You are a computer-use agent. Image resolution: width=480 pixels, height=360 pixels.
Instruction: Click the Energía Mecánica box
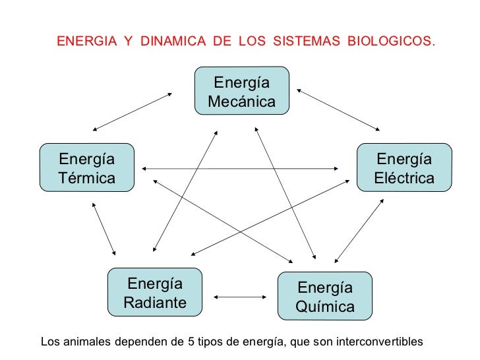(242, 91)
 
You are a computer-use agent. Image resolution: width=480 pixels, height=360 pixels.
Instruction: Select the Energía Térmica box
(86, 168)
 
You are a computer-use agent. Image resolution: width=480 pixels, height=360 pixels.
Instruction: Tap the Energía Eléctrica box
(404, 168)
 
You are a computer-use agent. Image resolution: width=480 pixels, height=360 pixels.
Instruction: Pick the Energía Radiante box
(155, 292)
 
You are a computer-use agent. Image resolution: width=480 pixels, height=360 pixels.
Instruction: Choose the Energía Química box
(325, 296)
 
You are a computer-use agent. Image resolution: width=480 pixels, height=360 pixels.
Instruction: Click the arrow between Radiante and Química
(240, 297)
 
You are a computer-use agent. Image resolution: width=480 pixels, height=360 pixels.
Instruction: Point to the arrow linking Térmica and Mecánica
(132, 111)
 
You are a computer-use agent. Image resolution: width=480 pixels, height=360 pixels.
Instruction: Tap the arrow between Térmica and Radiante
(104, 229)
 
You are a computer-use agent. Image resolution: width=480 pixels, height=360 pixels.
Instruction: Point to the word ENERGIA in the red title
(85, 42)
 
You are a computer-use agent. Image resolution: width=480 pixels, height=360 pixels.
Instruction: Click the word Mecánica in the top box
(242, 102)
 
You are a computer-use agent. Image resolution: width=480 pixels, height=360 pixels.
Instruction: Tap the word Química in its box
(325, 307)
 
